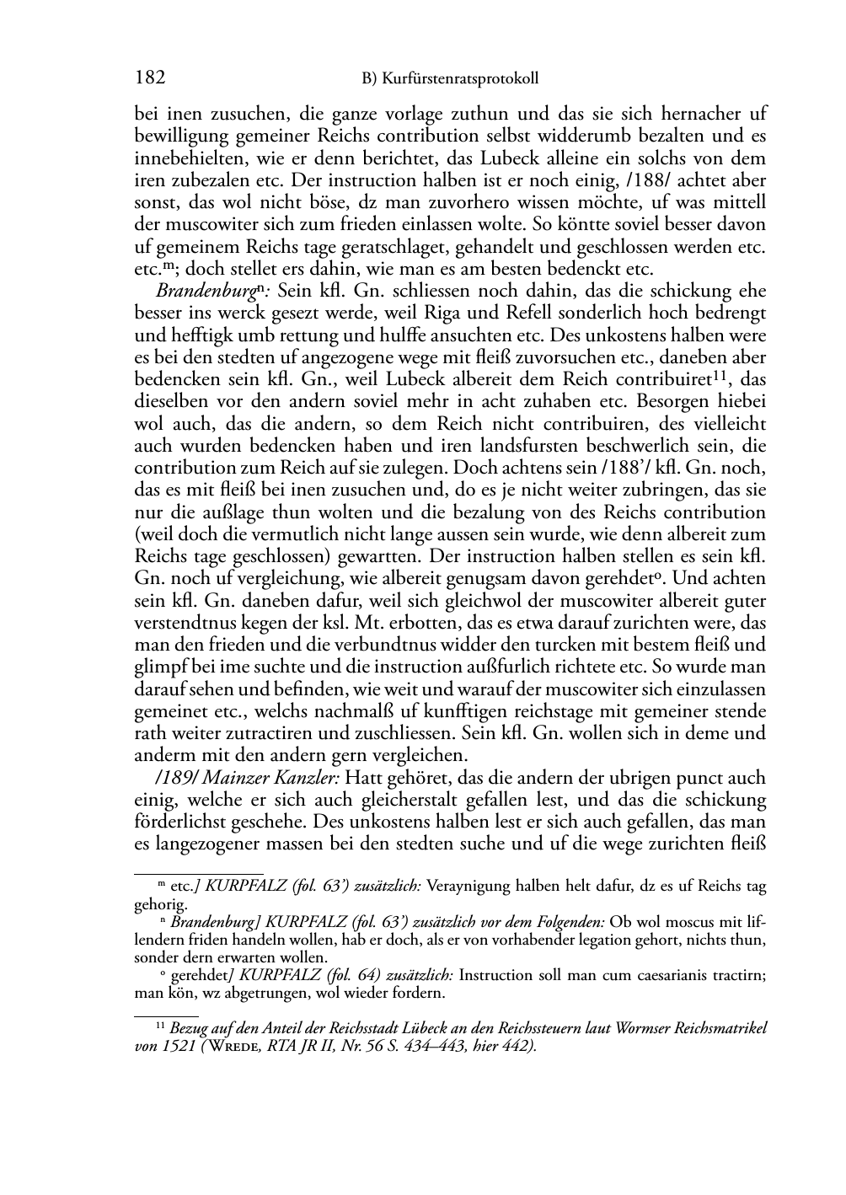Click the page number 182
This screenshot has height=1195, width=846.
[149, 78]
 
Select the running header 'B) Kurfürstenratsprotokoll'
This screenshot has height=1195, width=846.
[450, 79]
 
